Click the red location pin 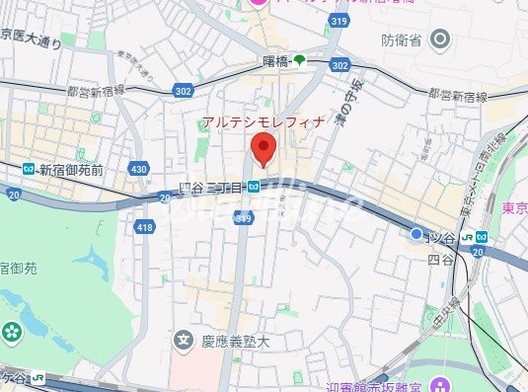tap(263, 151)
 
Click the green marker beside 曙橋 tap(299, 61)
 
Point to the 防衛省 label tap(402, 40)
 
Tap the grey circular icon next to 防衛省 tap(440, 40)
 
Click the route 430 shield tap(138, 170)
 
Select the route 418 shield tap(146, 228)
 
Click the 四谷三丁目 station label tap(212, 186)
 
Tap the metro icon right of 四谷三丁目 tap(254, 186)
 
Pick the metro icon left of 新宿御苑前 tap(30, 170)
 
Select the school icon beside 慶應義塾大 tap(183, 342)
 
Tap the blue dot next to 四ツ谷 tap(415, 235)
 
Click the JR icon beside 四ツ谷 tap(481, 237)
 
